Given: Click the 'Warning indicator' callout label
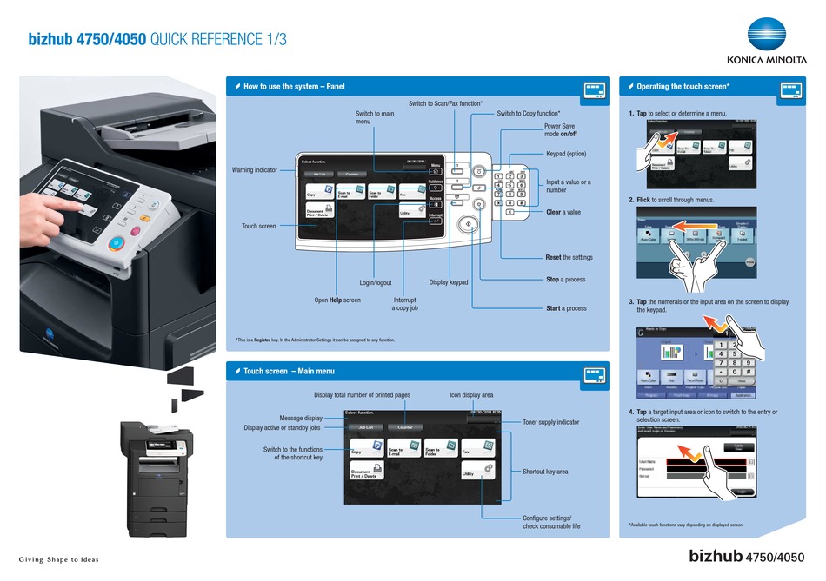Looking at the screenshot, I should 255,170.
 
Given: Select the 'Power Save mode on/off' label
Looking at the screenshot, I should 560,130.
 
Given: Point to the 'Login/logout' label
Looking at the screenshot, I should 376,282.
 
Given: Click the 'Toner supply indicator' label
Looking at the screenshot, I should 550,422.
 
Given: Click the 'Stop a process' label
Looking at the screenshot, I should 565,280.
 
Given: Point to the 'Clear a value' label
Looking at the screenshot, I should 563,212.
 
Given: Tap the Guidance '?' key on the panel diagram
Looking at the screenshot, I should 436,187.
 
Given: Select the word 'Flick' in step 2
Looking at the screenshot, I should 644,200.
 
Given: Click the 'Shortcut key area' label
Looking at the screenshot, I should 544,472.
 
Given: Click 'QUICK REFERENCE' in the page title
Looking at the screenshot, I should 218,40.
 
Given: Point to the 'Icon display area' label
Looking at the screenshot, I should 471,395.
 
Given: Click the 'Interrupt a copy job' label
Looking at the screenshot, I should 405,303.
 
